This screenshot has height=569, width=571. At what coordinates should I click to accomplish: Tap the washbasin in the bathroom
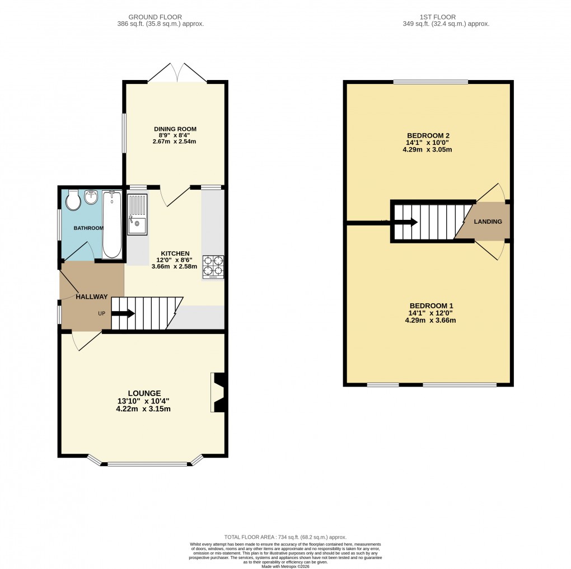click(91, 197)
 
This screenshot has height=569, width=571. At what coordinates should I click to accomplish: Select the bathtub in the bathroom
click(112, 224)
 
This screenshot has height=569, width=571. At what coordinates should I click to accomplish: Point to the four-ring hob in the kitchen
click(213, 266)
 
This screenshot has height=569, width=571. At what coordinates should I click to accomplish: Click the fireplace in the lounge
click(218, 393)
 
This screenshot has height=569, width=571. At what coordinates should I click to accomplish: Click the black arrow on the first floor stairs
click(406, 222)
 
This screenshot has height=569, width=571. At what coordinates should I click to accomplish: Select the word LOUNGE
click(143, 393)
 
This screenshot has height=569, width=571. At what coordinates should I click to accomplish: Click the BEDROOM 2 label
click(428, 135)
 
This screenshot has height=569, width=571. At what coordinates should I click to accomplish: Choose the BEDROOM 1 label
click(428, 305)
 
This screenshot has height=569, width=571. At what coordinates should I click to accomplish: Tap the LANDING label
click(488, 222)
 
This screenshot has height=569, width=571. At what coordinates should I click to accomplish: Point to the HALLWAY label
click(92, 297)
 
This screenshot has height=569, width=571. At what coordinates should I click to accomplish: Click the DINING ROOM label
click(175, 129)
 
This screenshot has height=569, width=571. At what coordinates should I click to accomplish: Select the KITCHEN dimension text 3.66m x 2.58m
click(175, 266)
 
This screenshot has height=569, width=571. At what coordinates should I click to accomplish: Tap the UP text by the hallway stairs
click(102, 313)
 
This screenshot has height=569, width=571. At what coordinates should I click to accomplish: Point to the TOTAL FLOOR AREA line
click(285, 536)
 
